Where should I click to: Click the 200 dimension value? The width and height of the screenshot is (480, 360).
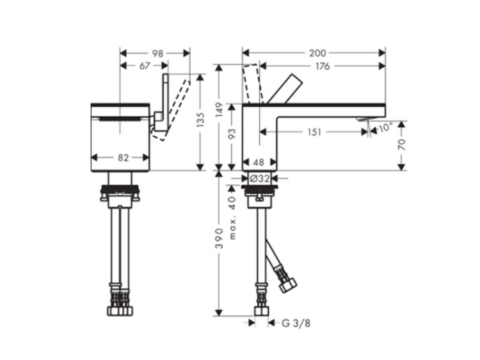coord(317,53)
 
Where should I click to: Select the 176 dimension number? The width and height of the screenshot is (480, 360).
coord(323,66)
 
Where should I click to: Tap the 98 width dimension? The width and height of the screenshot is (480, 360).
coord(157,54)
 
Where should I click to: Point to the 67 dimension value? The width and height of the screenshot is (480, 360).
coord(145,66)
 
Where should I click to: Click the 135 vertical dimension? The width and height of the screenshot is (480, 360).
coord(200,120)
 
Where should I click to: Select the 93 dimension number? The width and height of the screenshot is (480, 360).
coord(232,134)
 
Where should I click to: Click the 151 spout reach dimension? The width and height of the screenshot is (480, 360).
coord(314,132)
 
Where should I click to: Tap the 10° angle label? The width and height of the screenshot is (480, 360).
coord(385,128)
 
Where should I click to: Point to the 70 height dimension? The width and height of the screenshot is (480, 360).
coord(401,145)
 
